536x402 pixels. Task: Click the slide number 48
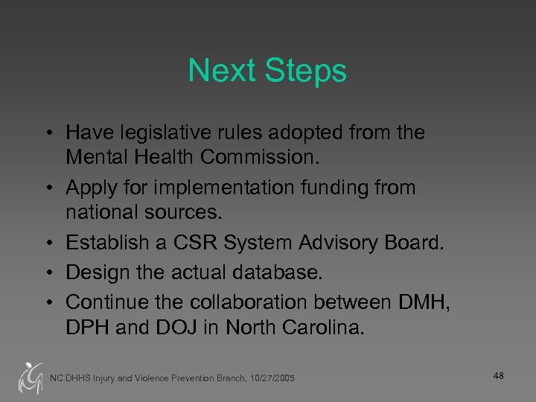click(x=498, y=376)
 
